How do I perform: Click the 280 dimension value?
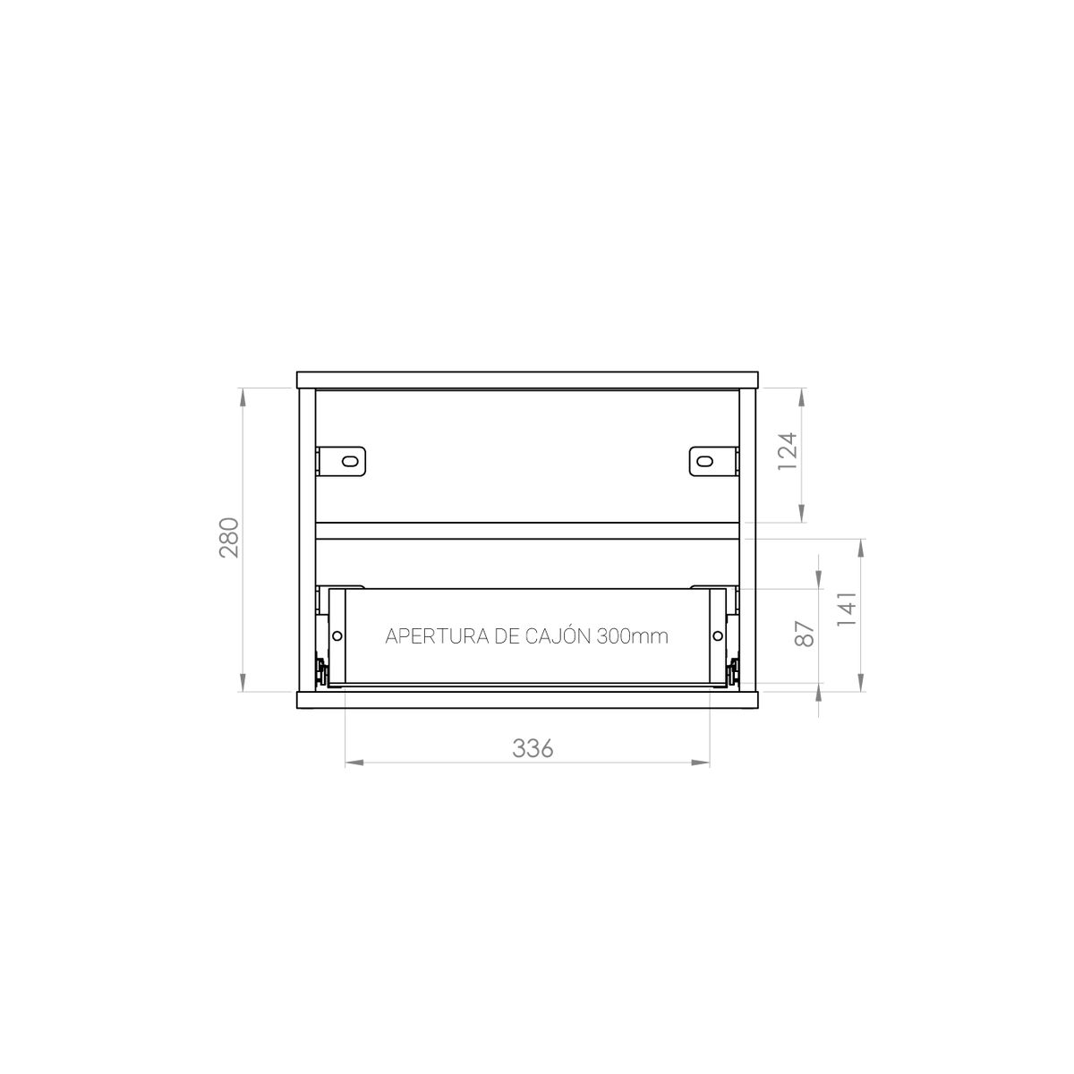(x=229, y=538)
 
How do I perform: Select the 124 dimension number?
(x=788, y=450)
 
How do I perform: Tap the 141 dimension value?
(x=846, y=609)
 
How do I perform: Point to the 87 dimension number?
(x=805, y=634)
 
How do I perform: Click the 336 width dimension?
(x=533, y=748)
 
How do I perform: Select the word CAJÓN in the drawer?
(x=558, y=635)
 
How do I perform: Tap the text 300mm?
(x=633, y=636)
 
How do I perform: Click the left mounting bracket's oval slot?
(x=350, y=462)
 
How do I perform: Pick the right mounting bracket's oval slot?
(x=705, y=462)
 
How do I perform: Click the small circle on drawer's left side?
(x=337, y=636)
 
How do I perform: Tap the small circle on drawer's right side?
(x=718, y=636)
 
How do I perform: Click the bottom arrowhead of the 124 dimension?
(x=801, y=514)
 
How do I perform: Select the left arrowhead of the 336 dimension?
(x=354, y=763)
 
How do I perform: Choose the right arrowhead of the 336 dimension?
(x=701, y=763)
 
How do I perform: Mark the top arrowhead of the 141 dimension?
(x=861, y=549)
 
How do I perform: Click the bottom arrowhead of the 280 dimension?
(x=243, y=683)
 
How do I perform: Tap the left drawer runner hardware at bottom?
(x=320, y=671)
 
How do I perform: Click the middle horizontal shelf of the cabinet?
(x=527, y=531)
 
